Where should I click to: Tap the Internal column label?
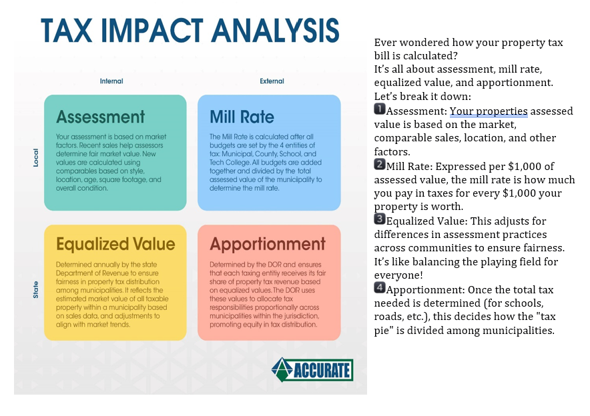click(111, 81)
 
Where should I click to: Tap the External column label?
click(272, 81)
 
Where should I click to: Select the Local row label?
click(36, 157)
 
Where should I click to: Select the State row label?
click(36, 290)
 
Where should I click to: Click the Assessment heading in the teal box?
click(101, 117)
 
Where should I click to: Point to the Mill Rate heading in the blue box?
click(242, 117)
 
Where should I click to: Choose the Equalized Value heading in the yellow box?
click(115, 244)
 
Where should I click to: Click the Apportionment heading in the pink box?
click(268, 244)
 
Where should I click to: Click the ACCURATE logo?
click(312, 370)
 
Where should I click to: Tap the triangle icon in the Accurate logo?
click(282, 369)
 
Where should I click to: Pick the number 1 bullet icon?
click(380, 109)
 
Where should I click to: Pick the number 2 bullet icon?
click(380, 164)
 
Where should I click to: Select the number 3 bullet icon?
click(380, 219)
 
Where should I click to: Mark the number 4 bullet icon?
click(380, 288)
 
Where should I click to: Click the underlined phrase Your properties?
click(489, 111)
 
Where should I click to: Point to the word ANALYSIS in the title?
click(276, 31)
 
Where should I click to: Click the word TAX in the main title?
click(67, 31)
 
